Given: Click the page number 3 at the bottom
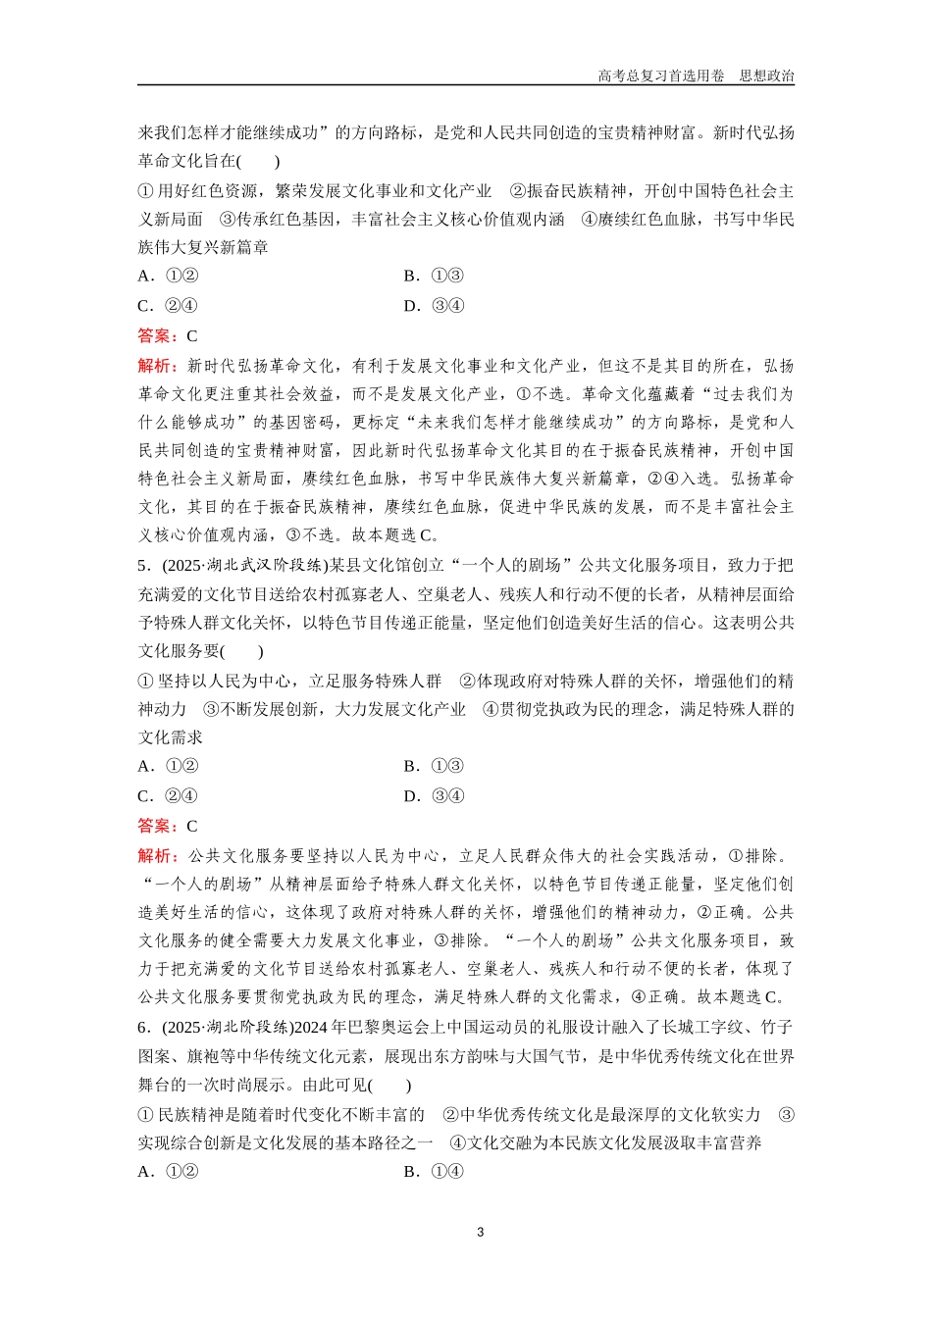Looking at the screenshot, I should (480, 1233).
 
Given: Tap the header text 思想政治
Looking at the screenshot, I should (767, 76).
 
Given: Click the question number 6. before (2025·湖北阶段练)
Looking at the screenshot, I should (144, 1028).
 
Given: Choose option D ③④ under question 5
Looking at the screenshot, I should (435, 796).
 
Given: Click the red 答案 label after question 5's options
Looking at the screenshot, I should (155, 826).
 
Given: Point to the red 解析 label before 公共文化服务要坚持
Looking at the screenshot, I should (155, 856).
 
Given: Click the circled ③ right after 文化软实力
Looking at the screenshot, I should (785, 1114).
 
